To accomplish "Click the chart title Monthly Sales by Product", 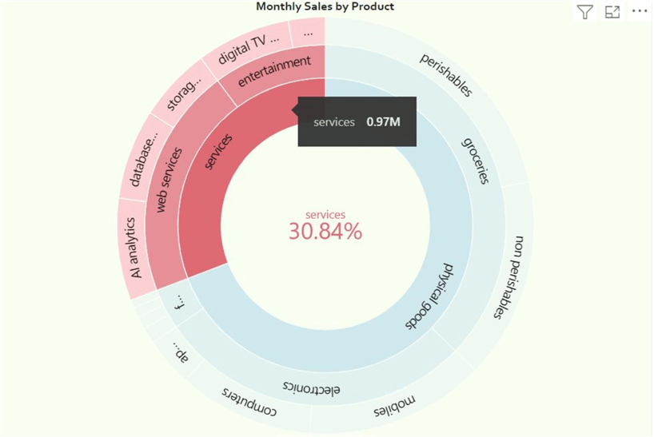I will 325,6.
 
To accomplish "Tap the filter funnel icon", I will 585,12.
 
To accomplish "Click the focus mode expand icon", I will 612,12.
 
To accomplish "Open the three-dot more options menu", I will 639,12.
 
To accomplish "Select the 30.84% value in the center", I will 325,232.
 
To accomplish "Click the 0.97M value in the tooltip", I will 384,122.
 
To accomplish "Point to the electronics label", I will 312,387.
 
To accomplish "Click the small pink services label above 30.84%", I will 325,214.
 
